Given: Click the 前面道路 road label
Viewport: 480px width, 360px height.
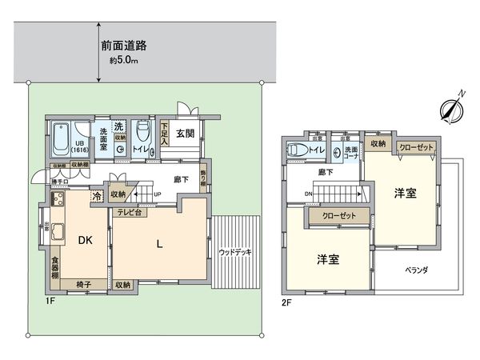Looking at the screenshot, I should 124,46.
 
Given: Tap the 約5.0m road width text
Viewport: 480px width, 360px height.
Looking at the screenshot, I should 125,60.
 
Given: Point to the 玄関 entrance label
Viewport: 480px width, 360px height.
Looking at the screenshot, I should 186,134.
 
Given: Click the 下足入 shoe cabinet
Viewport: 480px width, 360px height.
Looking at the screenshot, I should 165,133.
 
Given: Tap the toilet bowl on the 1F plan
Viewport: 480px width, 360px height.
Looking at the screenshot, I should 142,130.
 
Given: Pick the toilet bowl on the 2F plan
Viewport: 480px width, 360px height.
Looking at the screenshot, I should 295,150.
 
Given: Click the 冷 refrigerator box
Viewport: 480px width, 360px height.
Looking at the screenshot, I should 97,194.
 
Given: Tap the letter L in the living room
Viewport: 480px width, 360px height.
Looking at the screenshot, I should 160,245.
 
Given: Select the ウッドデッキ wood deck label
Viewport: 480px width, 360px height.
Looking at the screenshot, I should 235,252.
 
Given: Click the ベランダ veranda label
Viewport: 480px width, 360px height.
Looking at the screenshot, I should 414,270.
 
